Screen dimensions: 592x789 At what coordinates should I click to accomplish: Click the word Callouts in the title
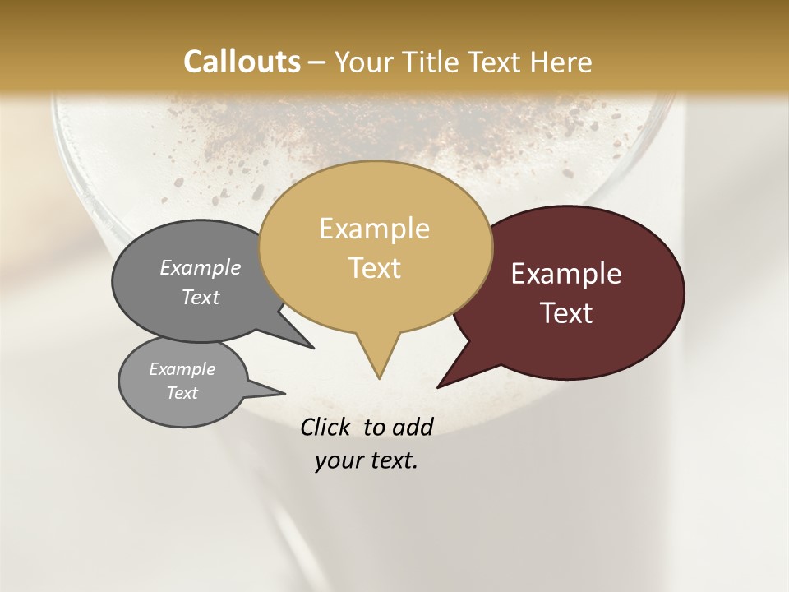point(242,62)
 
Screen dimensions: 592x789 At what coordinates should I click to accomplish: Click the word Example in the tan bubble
point(374,229)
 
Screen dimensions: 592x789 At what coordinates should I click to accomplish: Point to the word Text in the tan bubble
point(375,268)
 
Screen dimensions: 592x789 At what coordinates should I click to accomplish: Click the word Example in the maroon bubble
point(566,274)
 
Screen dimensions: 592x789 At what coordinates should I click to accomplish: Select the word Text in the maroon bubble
point(566,313)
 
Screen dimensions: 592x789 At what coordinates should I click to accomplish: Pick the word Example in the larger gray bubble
point(201,268)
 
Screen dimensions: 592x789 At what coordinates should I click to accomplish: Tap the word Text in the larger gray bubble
point(201,298)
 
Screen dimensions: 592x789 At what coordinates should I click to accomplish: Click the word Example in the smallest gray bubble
point(182,370)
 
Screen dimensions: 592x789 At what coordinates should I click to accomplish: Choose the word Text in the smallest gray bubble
point(182,393)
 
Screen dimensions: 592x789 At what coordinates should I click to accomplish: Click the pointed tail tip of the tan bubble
point(379,378)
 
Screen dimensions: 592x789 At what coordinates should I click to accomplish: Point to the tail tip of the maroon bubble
point(438,387)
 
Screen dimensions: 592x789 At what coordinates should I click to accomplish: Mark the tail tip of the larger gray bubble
point(314,349)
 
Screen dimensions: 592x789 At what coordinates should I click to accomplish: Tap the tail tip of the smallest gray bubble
point(285,394)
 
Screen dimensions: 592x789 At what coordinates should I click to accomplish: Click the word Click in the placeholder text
point(326,427)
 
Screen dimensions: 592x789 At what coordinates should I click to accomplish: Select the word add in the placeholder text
point(412,427)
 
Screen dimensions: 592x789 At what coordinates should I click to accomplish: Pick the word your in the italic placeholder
point(338,460)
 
